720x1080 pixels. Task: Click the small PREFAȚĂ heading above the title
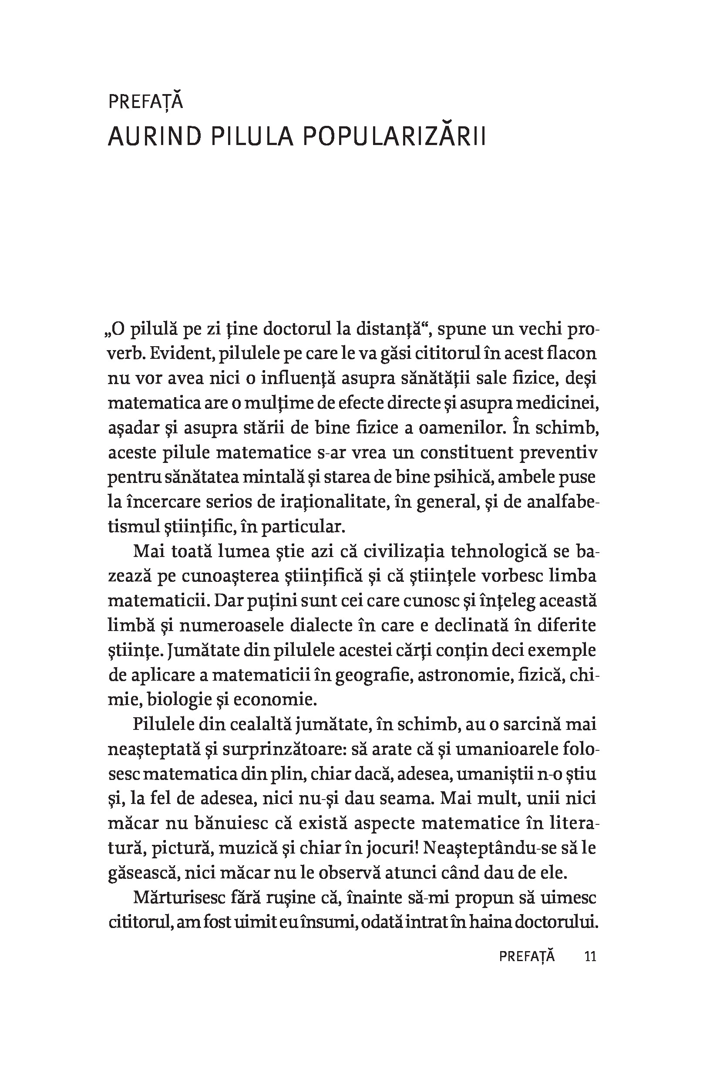(x=145, y=101)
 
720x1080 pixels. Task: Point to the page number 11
(x=590, y=956)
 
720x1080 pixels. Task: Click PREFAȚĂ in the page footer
(x=527, y=956)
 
